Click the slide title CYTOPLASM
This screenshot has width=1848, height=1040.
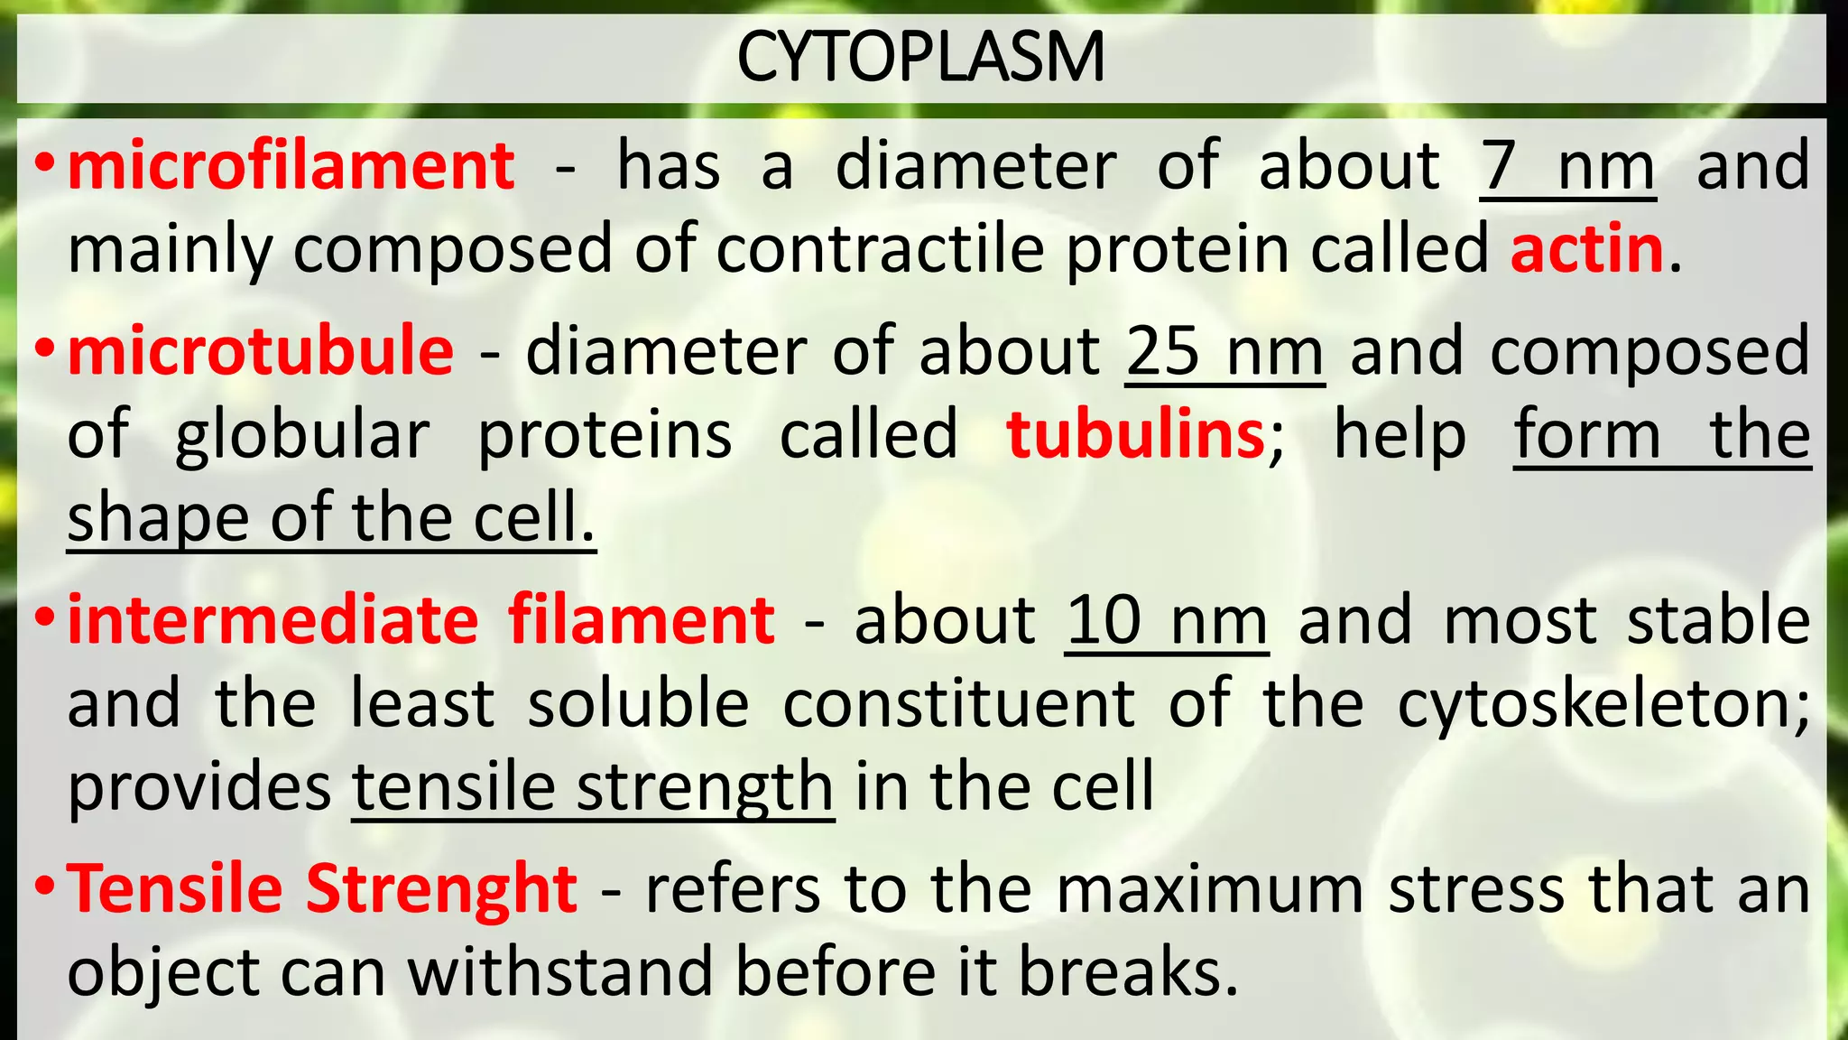[920, 57]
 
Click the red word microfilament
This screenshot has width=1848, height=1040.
[291, 166]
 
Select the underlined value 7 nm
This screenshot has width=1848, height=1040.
[1567, 168]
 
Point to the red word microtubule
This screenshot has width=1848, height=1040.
[261, 350]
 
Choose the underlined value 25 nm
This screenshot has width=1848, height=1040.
[1224, 352]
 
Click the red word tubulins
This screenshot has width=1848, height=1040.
[1136, 435]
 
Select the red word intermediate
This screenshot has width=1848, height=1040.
[273, 620]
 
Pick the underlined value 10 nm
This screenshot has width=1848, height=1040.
[1167, 622]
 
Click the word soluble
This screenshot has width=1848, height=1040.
[638, 704]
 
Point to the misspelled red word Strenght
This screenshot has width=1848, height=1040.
[441, 889]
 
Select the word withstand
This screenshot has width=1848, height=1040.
[560, 972]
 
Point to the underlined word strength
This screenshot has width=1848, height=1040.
[705, 788]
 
